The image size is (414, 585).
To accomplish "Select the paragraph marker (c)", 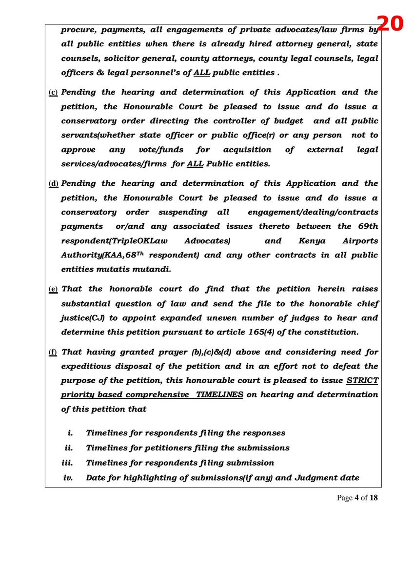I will (x=53, y=93).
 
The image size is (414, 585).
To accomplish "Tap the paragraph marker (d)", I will (x=53, y=184).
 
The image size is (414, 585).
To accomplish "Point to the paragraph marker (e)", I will (x=53, y=290).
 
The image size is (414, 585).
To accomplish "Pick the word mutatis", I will (x=105, y=269).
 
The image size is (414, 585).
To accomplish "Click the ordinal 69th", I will (x=365, y=227).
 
